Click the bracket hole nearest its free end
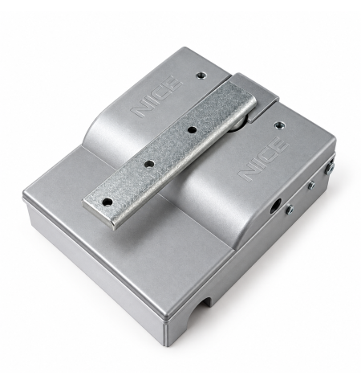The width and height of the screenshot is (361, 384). point(107,201)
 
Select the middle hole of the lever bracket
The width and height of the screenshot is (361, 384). point(149,164)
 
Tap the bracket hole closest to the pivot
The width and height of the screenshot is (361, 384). point(192,130)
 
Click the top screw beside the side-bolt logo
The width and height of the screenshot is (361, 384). point(280,125)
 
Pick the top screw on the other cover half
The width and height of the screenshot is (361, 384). point(201,76)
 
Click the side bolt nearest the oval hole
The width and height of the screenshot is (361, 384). point(290,209)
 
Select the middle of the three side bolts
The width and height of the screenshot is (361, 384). point(311,185)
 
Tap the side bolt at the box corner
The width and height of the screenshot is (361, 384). point(331,166)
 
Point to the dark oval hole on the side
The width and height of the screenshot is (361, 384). point(275,205)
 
